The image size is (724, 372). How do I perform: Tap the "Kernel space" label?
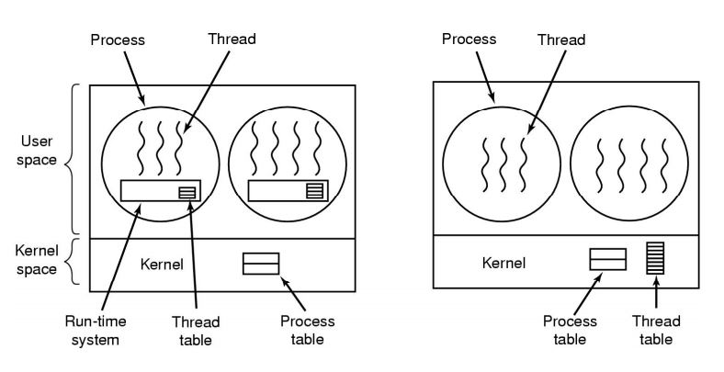coord(39,260)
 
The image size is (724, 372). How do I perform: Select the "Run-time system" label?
coord(95,331)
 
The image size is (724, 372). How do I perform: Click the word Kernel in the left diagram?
coord(162,265)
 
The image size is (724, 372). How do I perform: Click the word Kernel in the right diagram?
coord(504,263)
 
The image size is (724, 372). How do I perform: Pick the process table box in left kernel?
coord(261,264)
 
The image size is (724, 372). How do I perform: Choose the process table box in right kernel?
coord(607,259)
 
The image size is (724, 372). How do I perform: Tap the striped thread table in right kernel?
coord(655,258)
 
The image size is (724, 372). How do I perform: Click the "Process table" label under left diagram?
coord(308,331)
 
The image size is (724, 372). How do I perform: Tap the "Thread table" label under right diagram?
coord(657,330)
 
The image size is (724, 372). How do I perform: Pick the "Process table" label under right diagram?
coord(570,330)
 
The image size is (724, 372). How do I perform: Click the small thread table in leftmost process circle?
coord(187,192)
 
